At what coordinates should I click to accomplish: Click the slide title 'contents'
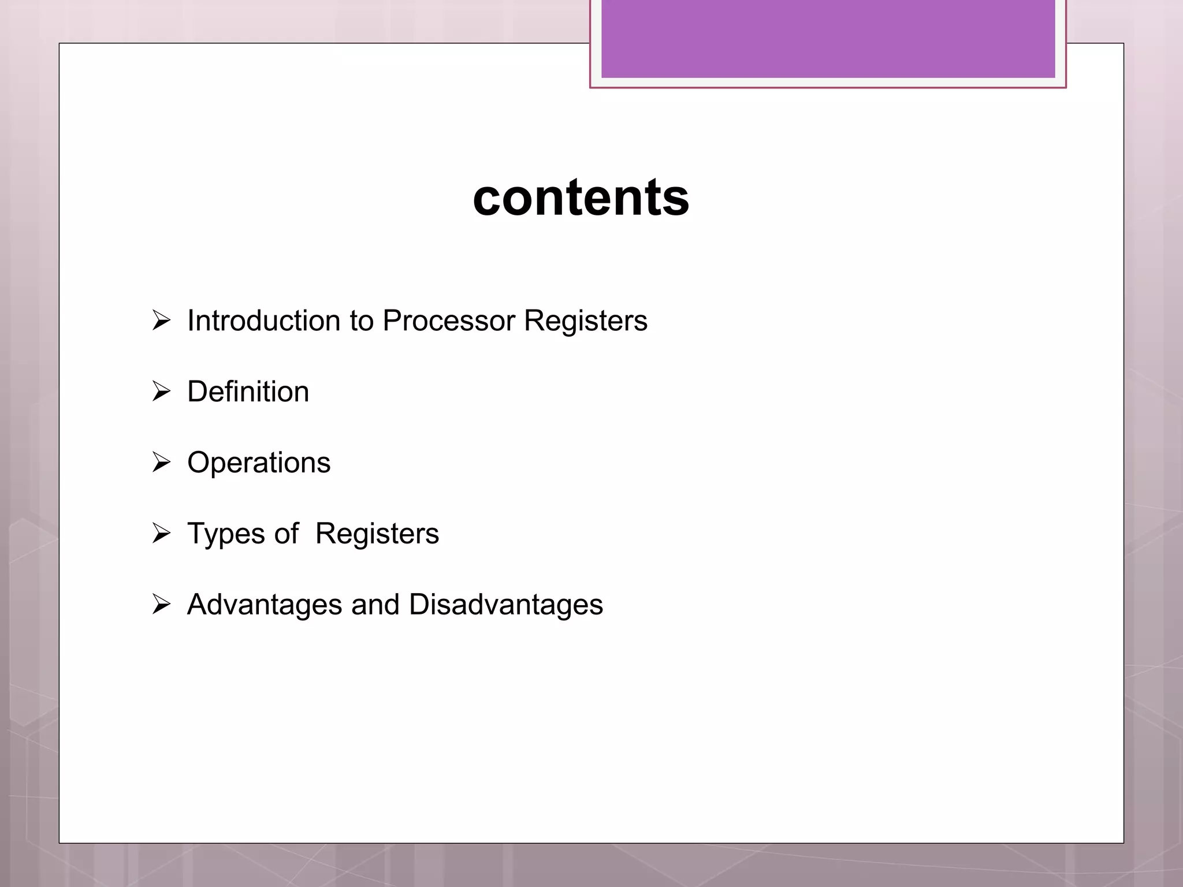point(581,197)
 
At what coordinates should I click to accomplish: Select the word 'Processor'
point(449,320)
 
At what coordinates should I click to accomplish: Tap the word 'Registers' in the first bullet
point(586,320)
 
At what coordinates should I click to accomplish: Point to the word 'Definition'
point(248,392)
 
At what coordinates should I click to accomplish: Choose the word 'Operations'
point(259,463)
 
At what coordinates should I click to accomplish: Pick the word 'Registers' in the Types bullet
point(377,534)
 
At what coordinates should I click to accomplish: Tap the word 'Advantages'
point(265,605)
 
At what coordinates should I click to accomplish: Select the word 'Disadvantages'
point(506,605)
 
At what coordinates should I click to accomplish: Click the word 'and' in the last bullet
point(375,605)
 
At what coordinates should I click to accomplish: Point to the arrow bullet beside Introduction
point(161,320)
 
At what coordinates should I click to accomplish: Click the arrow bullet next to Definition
point(161,391)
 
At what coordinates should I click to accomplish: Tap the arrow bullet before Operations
point(161,462)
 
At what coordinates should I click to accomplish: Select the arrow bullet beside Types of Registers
point(161,533)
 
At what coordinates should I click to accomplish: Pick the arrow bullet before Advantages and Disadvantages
point(161,604)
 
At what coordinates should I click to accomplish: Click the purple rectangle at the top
point(828,38)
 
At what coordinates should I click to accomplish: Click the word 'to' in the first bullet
point(362,321)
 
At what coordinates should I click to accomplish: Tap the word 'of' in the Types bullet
point(287,534)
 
